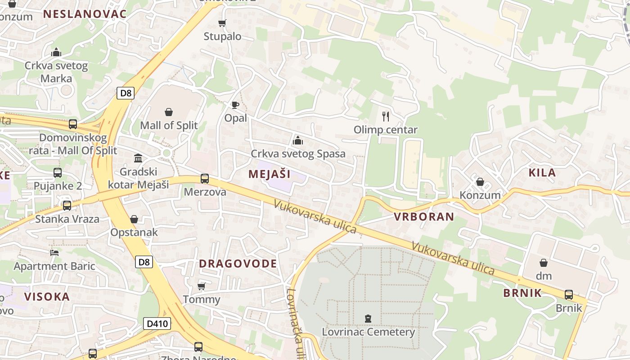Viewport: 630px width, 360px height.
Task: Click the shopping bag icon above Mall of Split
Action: click(169, 112)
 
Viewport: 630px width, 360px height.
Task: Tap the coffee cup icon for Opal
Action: click(235, 105)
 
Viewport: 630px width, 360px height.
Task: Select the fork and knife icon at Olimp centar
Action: click(385, 117)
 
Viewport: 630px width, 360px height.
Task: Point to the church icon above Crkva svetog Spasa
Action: click(298, 140)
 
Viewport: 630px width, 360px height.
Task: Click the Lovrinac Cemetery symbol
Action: click(368, 319)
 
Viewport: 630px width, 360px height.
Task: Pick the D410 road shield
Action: click(157, 323)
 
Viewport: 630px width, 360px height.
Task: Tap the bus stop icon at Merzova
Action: click(205, 179)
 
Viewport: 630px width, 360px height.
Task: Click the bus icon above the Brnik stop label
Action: click(569, 295)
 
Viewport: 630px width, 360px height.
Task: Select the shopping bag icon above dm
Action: click(544, 263)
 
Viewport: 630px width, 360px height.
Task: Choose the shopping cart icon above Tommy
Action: click(202, 286)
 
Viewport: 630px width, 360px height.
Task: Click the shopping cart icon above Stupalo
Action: click(222, 23)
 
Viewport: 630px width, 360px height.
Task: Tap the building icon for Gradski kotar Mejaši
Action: click(138, 158)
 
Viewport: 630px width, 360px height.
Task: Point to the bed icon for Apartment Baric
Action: click(54, 253)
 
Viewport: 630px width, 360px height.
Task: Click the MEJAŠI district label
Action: click(270, 174)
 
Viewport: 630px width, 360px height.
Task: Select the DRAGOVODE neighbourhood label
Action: click(238, 264)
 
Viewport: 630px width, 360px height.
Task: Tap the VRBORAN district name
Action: click(424, 217)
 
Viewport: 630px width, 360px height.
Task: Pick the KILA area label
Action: click(542, 173)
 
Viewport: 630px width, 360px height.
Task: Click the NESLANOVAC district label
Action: click(85, 14)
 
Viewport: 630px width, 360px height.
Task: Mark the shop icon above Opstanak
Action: click(134, 219)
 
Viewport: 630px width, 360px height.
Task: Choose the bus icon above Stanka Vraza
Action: click(67, 206)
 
